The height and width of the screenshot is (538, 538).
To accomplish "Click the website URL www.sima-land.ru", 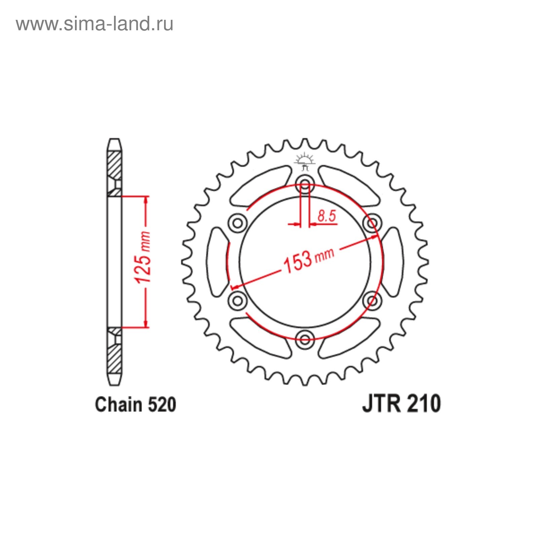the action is click(x=94, y=25).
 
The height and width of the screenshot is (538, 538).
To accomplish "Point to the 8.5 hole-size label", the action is click(x=326, y=216).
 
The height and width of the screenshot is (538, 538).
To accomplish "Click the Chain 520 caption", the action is click(x=136, y=405).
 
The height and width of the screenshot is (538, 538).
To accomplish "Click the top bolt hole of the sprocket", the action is click(x=305, y=184).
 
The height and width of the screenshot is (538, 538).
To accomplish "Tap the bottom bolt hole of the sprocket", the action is click(x=305, y=339).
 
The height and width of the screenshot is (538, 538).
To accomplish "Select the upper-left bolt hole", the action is click(x=238, y=223).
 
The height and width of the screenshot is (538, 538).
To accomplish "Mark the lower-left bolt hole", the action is click(x=238, y=300).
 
